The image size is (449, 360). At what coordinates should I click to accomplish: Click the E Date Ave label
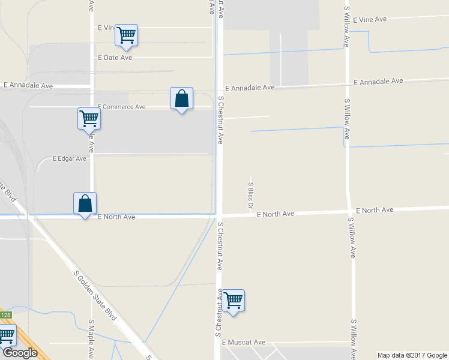115,58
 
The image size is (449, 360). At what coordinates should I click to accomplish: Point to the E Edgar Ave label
70,159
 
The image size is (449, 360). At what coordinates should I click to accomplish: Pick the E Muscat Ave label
243,342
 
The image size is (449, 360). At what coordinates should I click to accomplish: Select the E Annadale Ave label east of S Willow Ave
378,82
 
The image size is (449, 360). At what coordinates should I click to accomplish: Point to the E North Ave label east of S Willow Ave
375,210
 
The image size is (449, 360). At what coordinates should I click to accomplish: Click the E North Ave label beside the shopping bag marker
116,217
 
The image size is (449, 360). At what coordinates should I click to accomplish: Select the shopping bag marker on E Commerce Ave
181,98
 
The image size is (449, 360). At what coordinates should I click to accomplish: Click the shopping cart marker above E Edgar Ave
89,118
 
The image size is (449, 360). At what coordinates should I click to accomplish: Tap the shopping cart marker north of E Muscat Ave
233,300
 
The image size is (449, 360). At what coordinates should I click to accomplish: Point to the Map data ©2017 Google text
412,355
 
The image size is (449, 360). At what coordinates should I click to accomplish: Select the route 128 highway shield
5,315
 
